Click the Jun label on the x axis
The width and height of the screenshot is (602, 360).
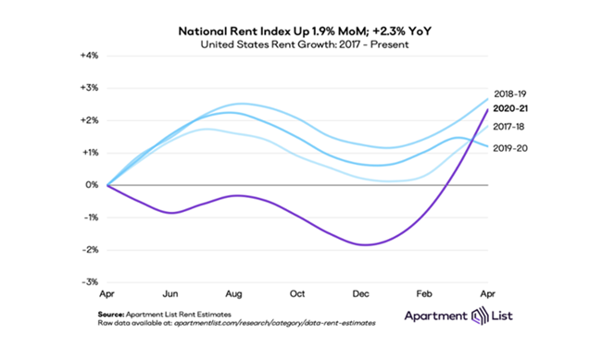[172, 293]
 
